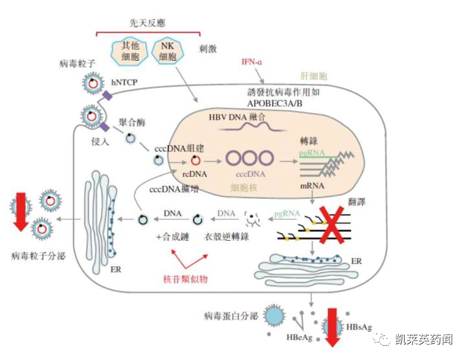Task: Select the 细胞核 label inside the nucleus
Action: point(245,187)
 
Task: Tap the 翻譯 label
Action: point(357,203)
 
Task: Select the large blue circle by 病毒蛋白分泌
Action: point(275,315)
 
